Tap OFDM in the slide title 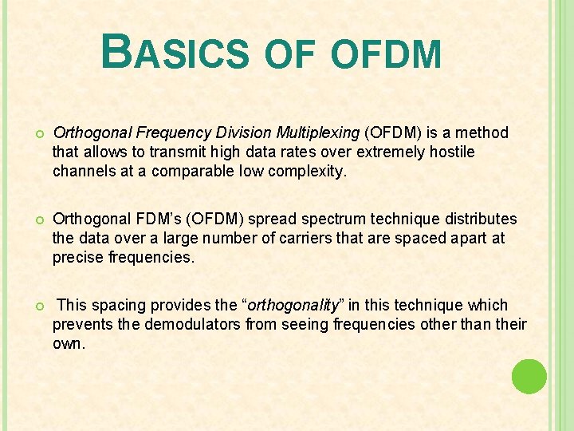coord(385,55)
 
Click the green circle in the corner coord(529,376)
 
